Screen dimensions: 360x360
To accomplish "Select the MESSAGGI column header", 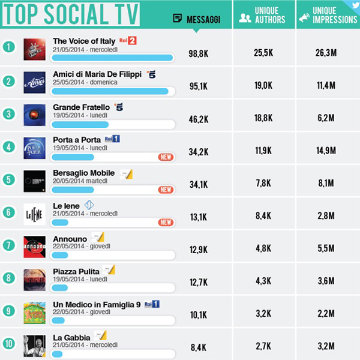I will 196,19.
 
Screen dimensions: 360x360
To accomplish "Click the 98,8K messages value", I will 198,53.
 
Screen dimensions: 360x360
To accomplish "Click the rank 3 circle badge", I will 8,113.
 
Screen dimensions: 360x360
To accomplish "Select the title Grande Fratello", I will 81,107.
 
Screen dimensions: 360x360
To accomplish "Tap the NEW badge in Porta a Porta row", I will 166,157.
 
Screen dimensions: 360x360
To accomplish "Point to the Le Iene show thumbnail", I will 34,214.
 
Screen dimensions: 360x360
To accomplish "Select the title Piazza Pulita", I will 76,272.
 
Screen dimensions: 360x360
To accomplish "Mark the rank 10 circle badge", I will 8,344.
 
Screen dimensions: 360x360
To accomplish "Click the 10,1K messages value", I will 198,313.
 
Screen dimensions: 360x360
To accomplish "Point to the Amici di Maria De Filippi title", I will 97,74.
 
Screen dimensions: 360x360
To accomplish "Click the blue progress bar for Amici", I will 111,91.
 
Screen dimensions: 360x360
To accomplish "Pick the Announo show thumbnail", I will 34,247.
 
